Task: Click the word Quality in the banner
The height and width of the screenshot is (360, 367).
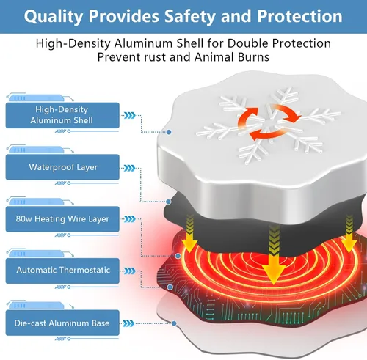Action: tap(54, 17)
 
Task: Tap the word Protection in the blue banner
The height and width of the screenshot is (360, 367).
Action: tap(299, 16)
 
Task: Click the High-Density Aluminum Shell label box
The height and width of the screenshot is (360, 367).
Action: tap(62, 115)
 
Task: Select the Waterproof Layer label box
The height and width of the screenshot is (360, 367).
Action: tap(62, 167)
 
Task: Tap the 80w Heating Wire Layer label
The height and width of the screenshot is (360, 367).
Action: tap(62, 219)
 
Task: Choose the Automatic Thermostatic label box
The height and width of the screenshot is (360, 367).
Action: tap(62, 271)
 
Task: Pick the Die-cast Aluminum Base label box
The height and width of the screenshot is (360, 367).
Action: tap(62, 323)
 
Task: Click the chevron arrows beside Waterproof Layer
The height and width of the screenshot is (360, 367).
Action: tap(129, 168)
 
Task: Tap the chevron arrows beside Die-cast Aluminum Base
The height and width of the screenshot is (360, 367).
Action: tap(128, 323)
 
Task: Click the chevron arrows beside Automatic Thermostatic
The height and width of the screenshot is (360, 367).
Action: tap(130, 271)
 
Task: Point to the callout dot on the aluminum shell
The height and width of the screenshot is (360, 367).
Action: tap(169, 132)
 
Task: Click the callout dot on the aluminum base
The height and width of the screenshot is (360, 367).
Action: tap(174, 323)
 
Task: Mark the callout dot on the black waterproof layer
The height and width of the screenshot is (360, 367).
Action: tap(168, 202)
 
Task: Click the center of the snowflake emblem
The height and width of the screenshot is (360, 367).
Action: tap(268, 122)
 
